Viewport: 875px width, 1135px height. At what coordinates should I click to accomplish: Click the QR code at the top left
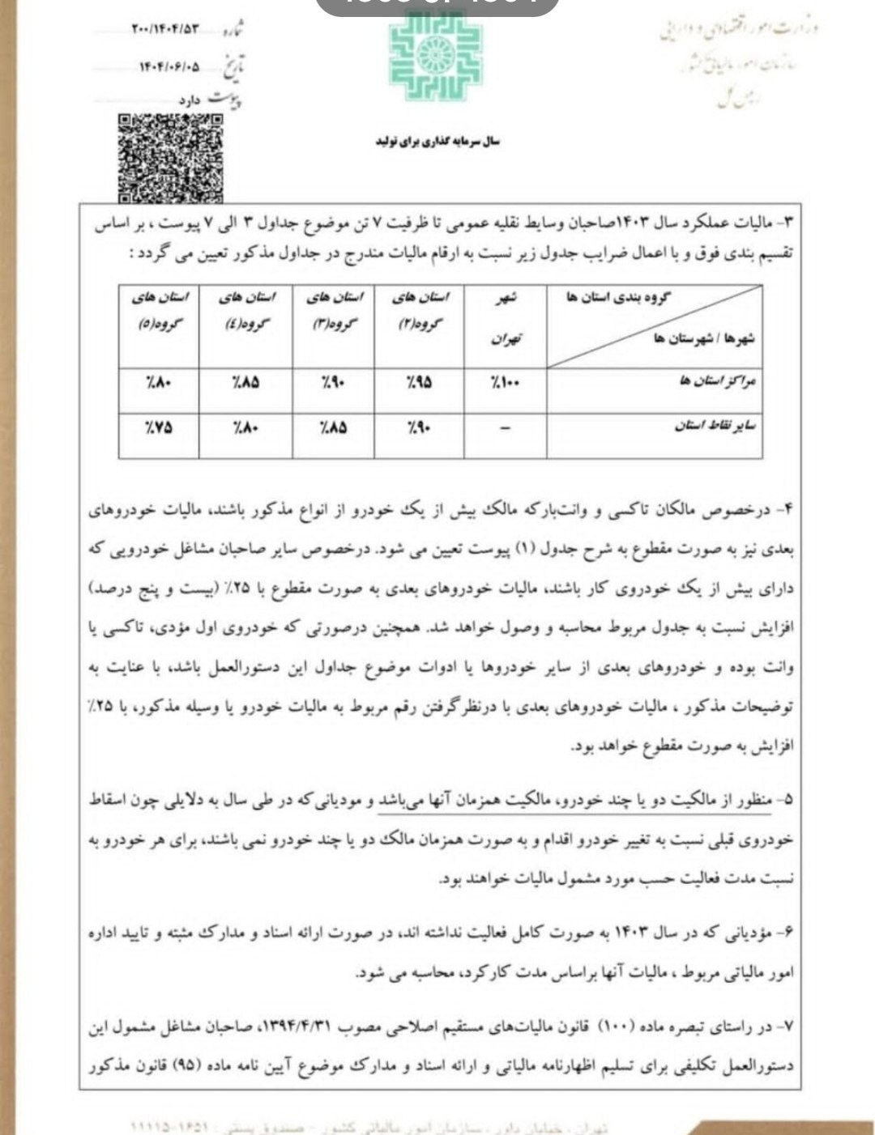point(170,157)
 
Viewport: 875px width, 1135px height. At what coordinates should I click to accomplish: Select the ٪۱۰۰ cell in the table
point(506,382)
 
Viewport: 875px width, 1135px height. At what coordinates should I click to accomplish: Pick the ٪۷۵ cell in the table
point(159,427)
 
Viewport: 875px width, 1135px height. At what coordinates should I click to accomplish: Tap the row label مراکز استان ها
point(717,381)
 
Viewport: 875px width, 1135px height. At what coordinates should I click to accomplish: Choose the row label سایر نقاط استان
point(715,426)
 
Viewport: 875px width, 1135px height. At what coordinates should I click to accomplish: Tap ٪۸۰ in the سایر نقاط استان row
point(245,427)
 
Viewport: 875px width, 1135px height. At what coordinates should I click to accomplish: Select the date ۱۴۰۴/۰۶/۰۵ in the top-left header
point(169,67)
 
